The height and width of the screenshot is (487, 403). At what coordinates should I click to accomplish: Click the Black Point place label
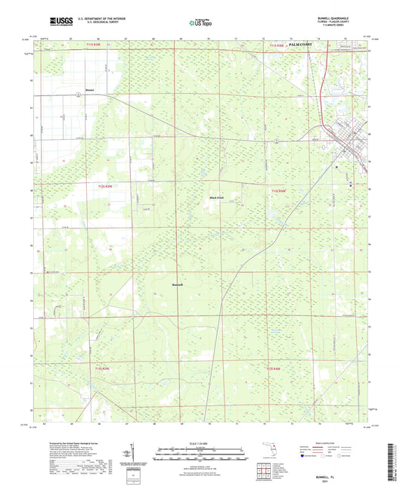[216, 197]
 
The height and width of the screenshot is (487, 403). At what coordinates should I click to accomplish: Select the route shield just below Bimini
[78, 95]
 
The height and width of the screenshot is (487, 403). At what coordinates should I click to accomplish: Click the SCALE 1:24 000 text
[202, 443]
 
